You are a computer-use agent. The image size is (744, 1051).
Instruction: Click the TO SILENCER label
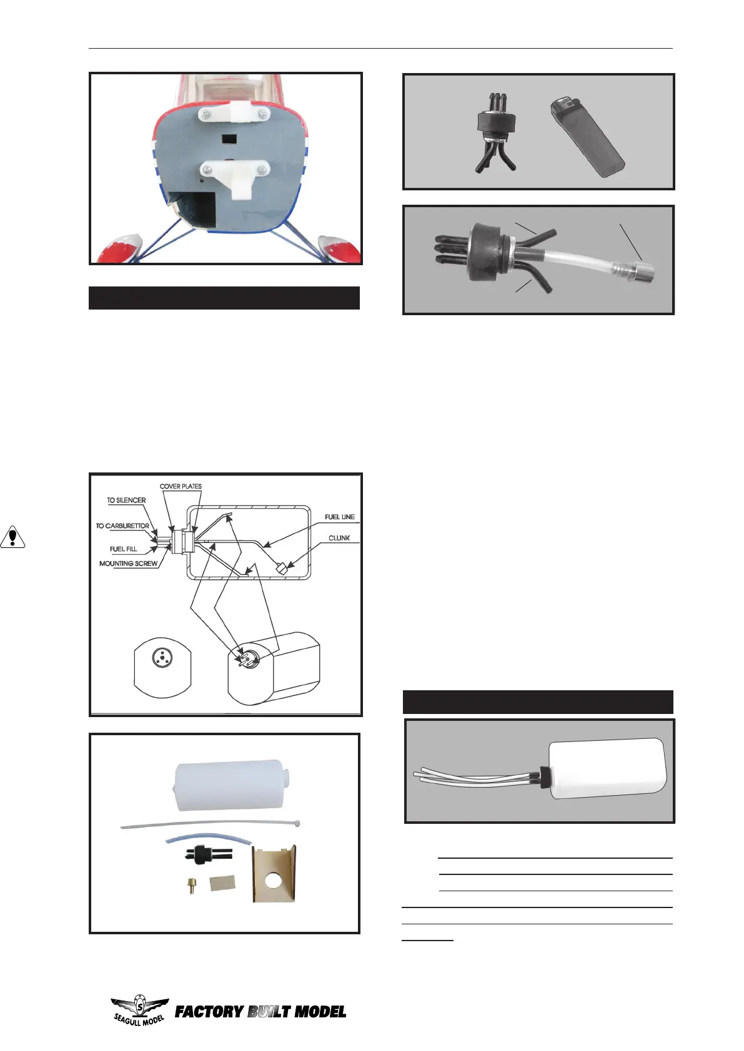[x=126, y=501]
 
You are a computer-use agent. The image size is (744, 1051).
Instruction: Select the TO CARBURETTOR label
[x=122, y=526]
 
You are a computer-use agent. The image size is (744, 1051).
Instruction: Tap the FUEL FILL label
[x=123, y=549]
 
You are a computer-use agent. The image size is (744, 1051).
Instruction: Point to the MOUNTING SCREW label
[x=128, y=564]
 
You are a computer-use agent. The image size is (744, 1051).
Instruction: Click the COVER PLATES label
[x=181, y=486]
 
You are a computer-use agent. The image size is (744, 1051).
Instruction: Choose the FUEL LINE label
[x=339, y=517]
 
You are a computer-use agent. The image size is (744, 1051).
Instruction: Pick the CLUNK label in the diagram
[x=339, y=538]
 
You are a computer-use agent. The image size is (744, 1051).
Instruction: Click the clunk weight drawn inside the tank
[x=281, y=568]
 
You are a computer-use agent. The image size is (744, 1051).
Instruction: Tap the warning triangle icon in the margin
[x=12, y=537]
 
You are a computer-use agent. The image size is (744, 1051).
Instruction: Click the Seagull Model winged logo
[x=139, y=1010]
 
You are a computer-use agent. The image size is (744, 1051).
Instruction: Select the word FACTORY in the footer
[x=209, y=1012]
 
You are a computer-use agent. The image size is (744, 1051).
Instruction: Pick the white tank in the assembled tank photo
[x=605, y=768]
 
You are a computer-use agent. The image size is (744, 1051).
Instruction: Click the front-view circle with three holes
[x=162, y=658]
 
